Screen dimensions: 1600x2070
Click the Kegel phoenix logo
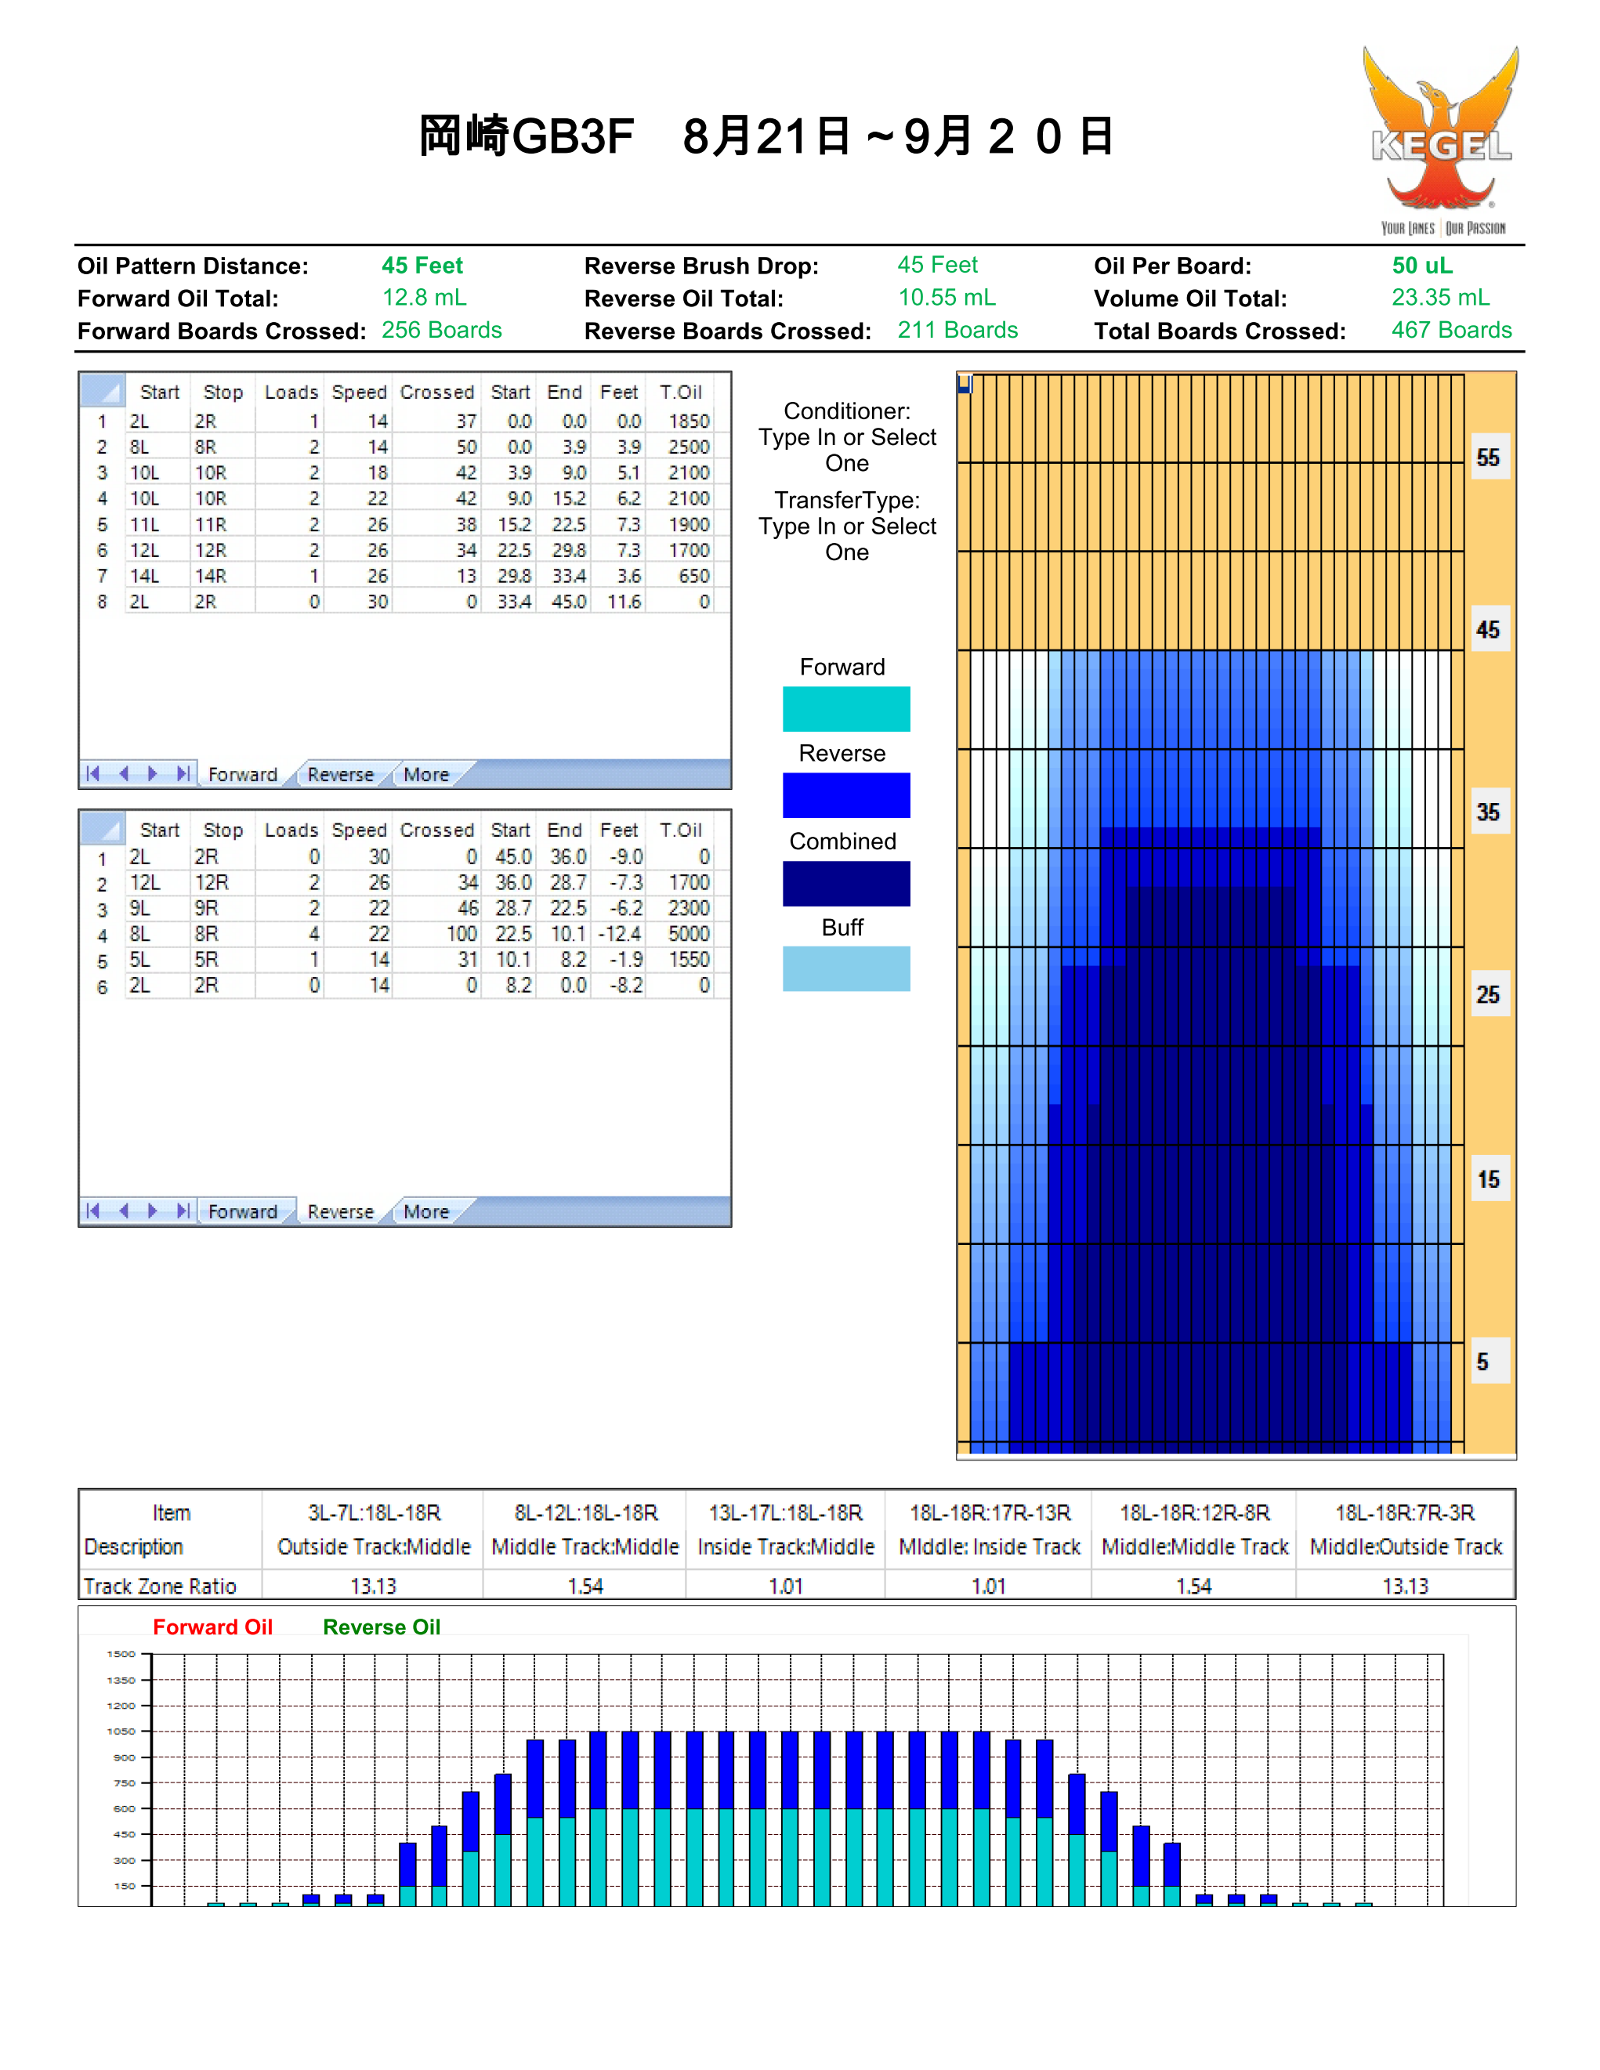click(x=1441, y=140)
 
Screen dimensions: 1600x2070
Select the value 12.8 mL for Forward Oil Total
click(x=424, y=298)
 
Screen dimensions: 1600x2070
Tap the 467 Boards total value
click(x=1451, y=330)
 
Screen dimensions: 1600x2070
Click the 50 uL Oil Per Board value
click(x=1422, y=266)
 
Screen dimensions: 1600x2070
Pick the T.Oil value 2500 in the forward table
click(x=688, y=447)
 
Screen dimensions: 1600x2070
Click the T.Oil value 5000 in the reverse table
click(x=688, y=934)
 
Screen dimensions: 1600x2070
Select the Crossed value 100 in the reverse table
click(x=462, y=934)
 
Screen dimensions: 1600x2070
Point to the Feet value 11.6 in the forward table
click(x=624, y=602)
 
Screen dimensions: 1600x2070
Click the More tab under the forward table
click(x=425, y=774)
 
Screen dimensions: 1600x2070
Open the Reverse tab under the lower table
click(x=340, y=1211)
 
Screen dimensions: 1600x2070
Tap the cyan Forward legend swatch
click(x=845, y=709)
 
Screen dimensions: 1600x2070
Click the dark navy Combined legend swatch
click(x=845, y=883)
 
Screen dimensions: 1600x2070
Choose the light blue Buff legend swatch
click(x=845, y=968)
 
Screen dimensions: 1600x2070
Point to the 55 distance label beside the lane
click(x=1488, y=458)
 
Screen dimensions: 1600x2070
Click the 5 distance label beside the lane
click(x=1482, y=1362)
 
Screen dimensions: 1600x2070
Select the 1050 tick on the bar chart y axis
click(x=121, y=1732)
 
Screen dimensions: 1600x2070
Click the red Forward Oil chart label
click(x=213, y=1627)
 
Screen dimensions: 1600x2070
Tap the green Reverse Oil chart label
click(x=382, y=1627)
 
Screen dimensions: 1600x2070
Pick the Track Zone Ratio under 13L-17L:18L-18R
click(x=786, y=1587)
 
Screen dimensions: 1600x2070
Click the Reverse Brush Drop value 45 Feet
click(x=937, y=266)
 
